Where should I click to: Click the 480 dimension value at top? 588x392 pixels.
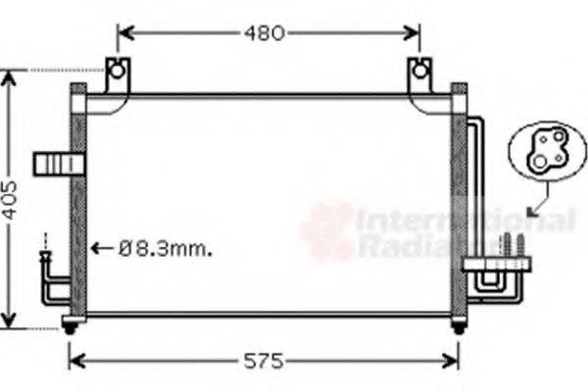(265, 33)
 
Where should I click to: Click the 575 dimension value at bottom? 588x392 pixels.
(263, 362)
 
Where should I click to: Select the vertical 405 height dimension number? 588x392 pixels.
(10, 200)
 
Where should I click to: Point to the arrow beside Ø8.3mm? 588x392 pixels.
(102, 249)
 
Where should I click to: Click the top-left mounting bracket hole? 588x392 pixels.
(117, 71)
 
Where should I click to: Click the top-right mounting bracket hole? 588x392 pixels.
(420, 71)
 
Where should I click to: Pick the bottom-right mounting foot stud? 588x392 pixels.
(458, 327)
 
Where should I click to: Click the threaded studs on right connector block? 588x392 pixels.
(514, 246)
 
